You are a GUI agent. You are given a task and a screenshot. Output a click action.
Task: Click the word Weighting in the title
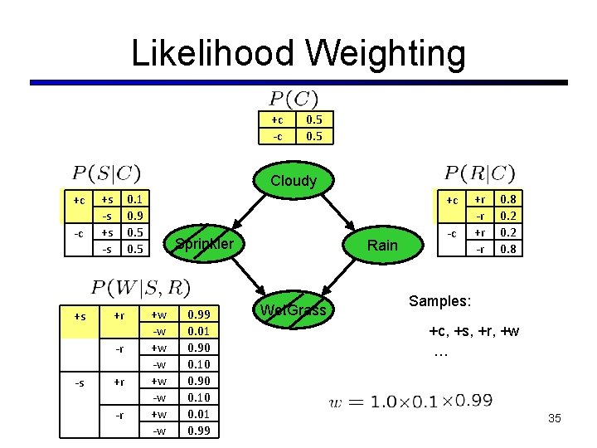[382, 55]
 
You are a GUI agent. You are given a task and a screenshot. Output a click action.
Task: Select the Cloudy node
[294, 180]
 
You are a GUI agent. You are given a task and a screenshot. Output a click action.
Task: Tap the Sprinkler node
[204, 244]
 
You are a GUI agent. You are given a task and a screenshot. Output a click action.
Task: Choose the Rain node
[382, 245]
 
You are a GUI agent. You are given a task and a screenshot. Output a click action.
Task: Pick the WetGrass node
[294, 310]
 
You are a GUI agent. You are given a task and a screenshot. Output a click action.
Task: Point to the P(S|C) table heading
[106, 173]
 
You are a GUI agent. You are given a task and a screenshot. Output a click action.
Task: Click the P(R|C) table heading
[479, 173]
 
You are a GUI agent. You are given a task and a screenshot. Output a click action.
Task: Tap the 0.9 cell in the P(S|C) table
[132, 215]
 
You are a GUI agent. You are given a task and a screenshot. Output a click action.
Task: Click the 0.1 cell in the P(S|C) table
[132, 200]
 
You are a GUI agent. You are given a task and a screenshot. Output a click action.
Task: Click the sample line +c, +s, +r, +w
[474, 332]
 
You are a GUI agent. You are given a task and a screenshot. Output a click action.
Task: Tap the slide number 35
[555, 418]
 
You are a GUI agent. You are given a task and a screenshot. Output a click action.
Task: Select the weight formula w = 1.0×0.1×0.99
[411, 402]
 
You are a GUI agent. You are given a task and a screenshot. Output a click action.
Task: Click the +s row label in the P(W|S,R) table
[80, 315]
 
